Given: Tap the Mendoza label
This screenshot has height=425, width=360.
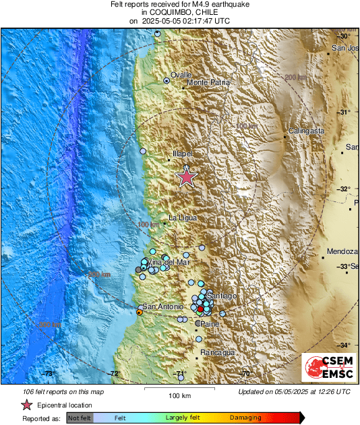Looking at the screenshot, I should pos(340,252).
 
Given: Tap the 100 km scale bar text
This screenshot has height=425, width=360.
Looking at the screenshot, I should pos(179,395).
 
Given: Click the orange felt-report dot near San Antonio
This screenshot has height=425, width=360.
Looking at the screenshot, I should pos(140,313).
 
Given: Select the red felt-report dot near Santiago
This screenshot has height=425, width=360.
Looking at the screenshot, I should pos(200,308).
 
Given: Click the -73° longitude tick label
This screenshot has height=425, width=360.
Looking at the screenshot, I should pos(49,373).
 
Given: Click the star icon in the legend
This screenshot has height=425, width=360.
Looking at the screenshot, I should pos(27,405).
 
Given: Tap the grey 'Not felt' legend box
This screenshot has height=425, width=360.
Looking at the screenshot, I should pos(80,418).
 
